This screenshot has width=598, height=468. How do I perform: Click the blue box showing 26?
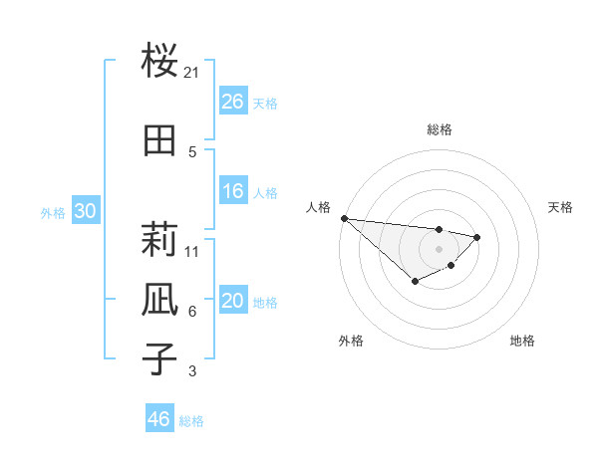[232, 102]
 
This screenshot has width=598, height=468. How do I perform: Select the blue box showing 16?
[232, 191]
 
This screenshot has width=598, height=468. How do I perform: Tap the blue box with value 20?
[232, 302]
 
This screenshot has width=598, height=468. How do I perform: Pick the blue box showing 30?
[85, 212]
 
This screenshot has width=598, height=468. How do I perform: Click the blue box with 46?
[158, 419]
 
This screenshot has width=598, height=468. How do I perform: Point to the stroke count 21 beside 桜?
[192, 72]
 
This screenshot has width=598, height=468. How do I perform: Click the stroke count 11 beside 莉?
[192, 251]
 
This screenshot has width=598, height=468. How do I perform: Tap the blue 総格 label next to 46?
[191, 421]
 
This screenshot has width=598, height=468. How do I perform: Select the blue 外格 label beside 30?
[53, 213]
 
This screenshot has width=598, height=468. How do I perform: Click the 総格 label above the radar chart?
[439, 129]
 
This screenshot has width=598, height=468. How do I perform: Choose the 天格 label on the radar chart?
[561, 207]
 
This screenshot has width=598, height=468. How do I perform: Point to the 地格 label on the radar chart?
[522, 341]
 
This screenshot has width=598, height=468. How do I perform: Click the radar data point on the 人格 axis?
[344, 218]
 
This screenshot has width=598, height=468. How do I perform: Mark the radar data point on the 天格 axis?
[477, 237]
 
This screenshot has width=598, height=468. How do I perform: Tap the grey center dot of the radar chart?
[439, 249]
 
